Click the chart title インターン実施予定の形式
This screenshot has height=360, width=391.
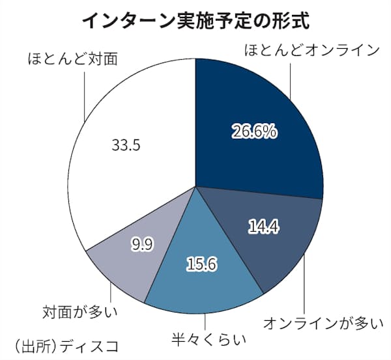click(x=195, y=20)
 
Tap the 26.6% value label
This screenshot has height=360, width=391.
click(x=255, y=132)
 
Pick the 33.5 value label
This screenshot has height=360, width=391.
click(x=126, y=145)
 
